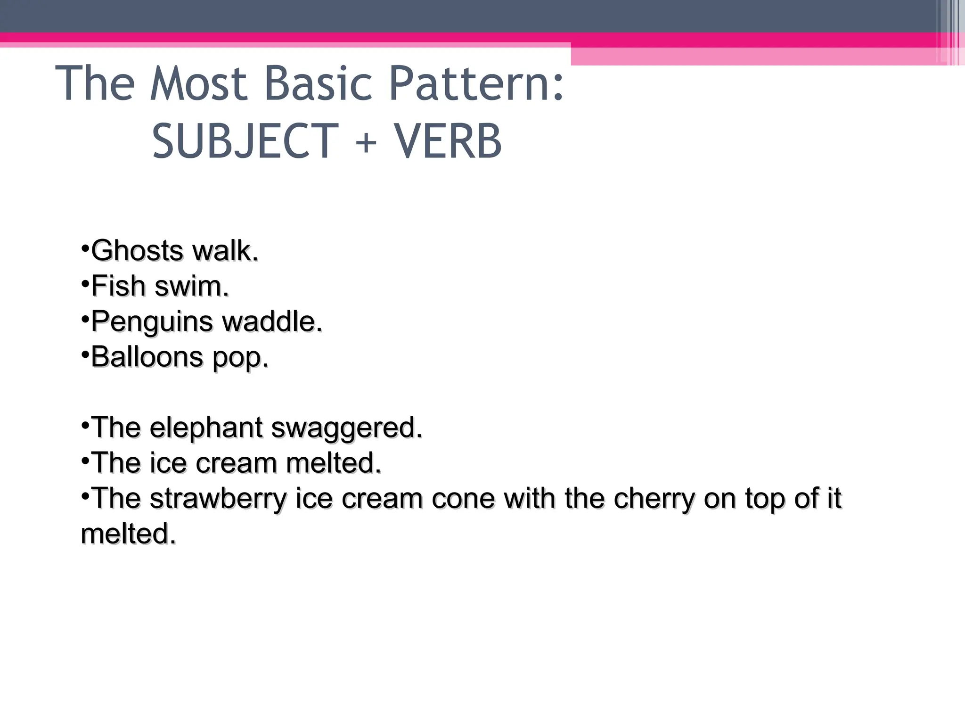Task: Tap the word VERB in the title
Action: pyautogui.click(x=448, y=141)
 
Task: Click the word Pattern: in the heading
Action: pyautogui.click(x=476, y=84)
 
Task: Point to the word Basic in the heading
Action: pyautogui.click(x=319, y=84)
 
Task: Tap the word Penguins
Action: pyautogui.click(x=152, y=322)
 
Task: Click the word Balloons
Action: pyautogui.click(x=147, y=357)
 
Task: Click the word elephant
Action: pyautogui.click(x=206, y=428)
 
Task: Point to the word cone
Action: pyautogui.click(x=463, y=499)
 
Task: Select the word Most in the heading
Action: pyautogui.click(x=199, y=84)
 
